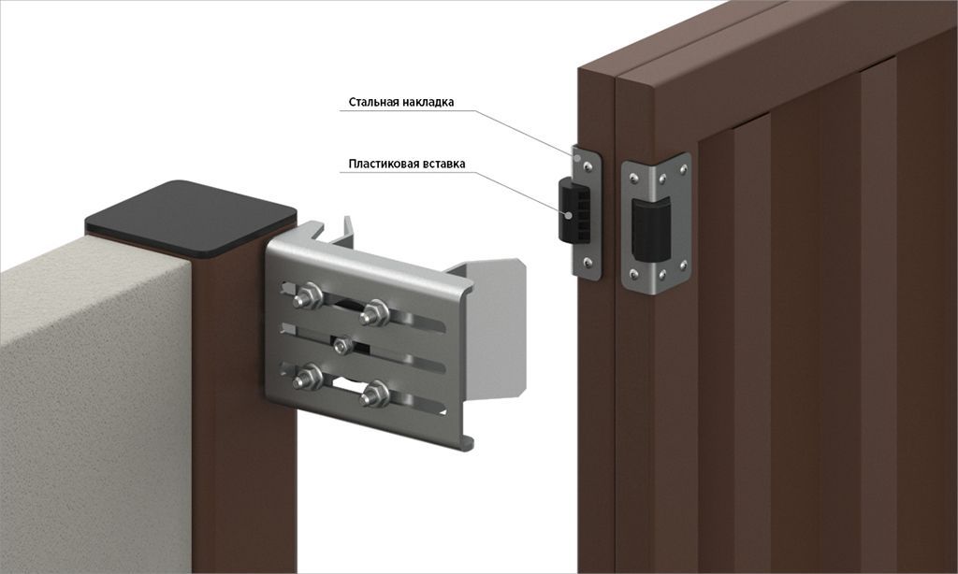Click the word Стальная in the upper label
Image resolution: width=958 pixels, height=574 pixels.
[373, 102]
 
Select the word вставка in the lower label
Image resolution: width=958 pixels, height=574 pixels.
[444, 164]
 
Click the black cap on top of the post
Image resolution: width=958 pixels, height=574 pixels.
[191, 217]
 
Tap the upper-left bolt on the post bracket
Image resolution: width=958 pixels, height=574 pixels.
[309, 297]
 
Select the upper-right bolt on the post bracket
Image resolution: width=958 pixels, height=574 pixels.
[374, 312]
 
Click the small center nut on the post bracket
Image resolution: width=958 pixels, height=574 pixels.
[342, 346]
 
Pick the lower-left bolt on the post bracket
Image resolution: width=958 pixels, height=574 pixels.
[309, 379]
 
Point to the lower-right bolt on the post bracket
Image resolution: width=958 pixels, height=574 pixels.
[374, 395]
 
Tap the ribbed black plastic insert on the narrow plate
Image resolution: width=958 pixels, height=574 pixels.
[574, 210]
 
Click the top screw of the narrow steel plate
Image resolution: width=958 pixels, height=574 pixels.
[588, 165]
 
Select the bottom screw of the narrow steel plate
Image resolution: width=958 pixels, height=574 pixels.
[588, 262]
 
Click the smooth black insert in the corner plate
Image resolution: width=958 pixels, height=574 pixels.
[651, 227]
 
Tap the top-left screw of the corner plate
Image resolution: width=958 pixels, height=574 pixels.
[635, 177]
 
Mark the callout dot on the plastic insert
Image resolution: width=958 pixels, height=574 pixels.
[569, 215]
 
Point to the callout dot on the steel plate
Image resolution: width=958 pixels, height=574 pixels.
[576, 156]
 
